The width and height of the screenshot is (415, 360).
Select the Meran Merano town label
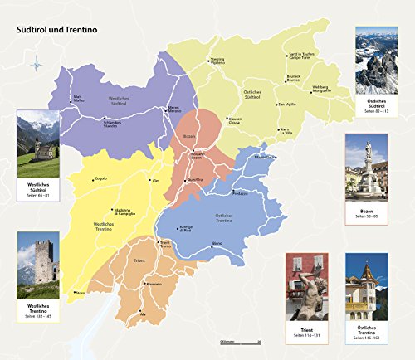(x=174, y=109)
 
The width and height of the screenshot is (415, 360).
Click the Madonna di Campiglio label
(x=124, y=211)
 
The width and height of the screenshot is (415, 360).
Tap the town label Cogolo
(x=101, y=178)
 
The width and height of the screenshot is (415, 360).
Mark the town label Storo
(x=81, y=293)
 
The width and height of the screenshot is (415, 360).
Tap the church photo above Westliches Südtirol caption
(x=38, y=134)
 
